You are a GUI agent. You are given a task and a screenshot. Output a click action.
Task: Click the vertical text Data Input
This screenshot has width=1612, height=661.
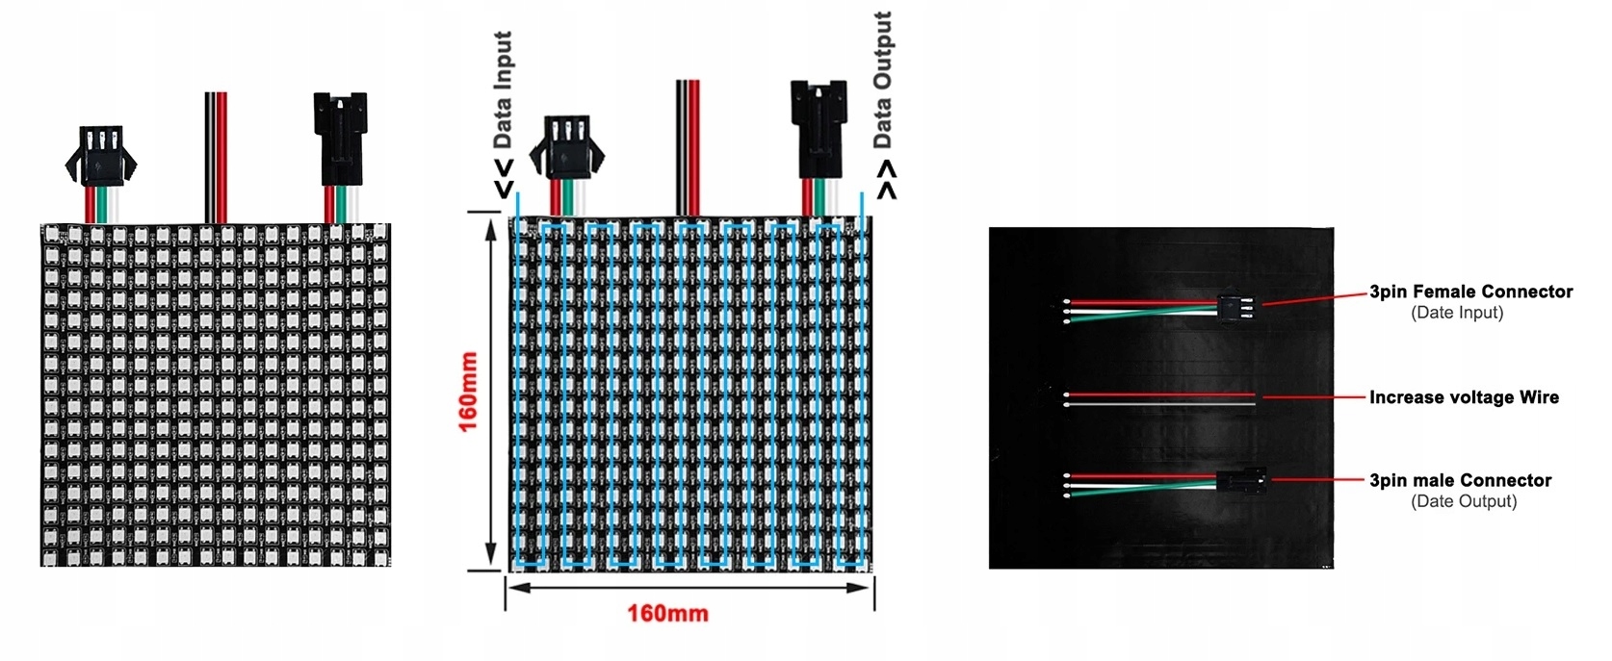coord(502,89)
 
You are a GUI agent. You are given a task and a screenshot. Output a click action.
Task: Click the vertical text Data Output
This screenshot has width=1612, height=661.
coord(882,80)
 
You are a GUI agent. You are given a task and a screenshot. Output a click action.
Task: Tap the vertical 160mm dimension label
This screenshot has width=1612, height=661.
coord(468,392)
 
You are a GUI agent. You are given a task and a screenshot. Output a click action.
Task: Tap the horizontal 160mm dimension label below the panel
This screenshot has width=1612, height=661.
coord(667,613)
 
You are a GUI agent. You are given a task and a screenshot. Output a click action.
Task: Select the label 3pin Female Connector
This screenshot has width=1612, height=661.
coord(1470,292)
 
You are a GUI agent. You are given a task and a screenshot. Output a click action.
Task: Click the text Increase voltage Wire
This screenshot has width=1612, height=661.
coord(1464,397)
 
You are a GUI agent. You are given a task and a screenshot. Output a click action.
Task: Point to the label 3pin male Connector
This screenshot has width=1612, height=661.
coord(1460,480)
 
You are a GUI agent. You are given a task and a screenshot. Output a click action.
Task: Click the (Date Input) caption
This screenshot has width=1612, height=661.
coord(1457,313)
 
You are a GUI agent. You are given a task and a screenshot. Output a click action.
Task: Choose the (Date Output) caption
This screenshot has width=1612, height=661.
coord(1464,501)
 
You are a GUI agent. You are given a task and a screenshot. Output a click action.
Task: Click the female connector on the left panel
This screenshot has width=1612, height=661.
coord(100,155)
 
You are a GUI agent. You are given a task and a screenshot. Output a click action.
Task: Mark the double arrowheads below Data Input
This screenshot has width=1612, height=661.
coord(504,179)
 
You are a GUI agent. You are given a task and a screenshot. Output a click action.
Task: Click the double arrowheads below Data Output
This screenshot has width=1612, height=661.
coord(886,179)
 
